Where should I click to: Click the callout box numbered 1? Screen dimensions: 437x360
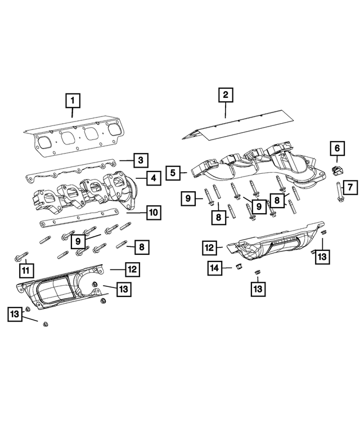pos(73,102)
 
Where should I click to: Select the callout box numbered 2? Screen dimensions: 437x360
pos(225,95)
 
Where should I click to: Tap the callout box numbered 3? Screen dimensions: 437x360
pos(140,160)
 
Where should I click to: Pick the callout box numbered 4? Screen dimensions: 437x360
pos(152,178)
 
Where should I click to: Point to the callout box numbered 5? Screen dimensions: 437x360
pos(173,172)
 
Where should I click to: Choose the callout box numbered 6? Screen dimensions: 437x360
pos(337,148)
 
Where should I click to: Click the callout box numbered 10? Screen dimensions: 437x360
pos(152,213)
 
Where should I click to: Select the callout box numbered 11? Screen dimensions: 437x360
pos(25,271)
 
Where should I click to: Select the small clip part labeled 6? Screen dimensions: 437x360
pos(336,169)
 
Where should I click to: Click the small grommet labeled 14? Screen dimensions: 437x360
pos(237,266)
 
